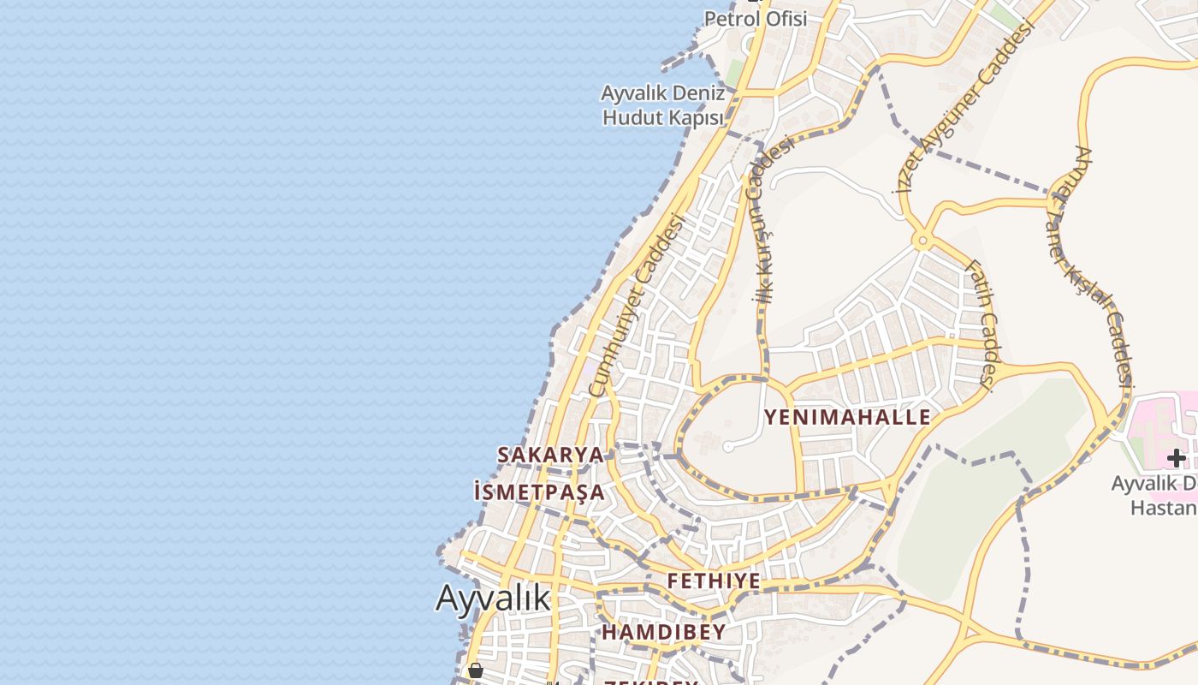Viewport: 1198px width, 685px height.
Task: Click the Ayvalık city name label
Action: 493,598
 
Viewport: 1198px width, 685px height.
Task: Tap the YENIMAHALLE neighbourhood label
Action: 847,418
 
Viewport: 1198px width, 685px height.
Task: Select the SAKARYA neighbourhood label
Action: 550,455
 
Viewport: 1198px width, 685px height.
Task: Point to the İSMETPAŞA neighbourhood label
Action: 539,492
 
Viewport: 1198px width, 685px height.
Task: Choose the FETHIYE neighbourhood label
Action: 714,581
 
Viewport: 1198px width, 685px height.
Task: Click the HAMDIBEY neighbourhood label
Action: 663,633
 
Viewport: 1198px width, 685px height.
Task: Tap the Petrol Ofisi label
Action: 756,18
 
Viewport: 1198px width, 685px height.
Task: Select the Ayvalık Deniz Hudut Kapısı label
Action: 663,105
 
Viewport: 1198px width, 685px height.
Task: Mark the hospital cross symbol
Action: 1177,458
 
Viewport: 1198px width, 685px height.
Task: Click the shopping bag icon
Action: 475,670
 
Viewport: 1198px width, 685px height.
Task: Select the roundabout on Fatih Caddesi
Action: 922,241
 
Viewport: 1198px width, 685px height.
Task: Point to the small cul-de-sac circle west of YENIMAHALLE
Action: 728,446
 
